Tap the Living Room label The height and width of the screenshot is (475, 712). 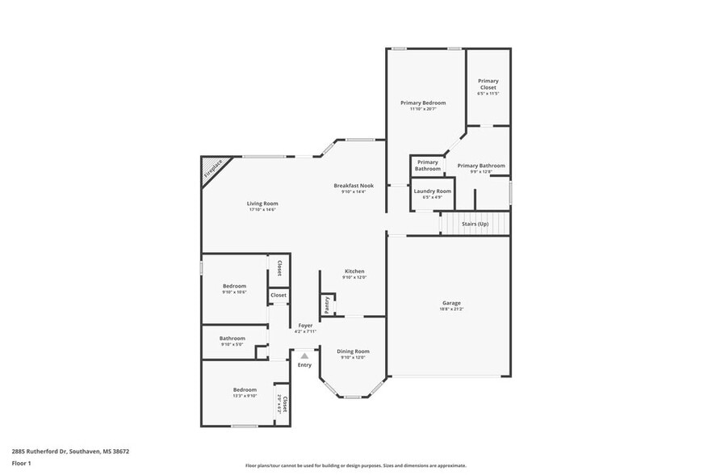tap(262, 204)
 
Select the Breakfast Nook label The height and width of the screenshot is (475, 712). tap(354, 186)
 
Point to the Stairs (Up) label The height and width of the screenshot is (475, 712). tap(475, 224)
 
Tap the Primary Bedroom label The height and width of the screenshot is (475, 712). tap(423, 103)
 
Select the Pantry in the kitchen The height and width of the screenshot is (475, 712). tap(327, 305)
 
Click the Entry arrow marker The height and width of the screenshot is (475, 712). tap(304, 354)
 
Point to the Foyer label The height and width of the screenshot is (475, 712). tap(305, 326)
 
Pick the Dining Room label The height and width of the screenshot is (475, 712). tap(353, 351)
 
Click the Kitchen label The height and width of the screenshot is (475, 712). tap(354, 271)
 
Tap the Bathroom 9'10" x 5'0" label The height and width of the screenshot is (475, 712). tap(232, 338)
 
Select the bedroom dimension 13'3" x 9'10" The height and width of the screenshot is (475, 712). tap(245, 395)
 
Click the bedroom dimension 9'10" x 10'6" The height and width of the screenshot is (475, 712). tap(234, 292)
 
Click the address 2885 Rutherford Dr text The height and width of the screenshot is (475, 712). tap(70, 452)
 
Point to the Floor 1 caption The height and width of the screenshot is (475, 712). tap(21, 463)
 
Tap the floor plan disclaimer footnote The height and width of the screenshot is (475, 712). tap(355, 466)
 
